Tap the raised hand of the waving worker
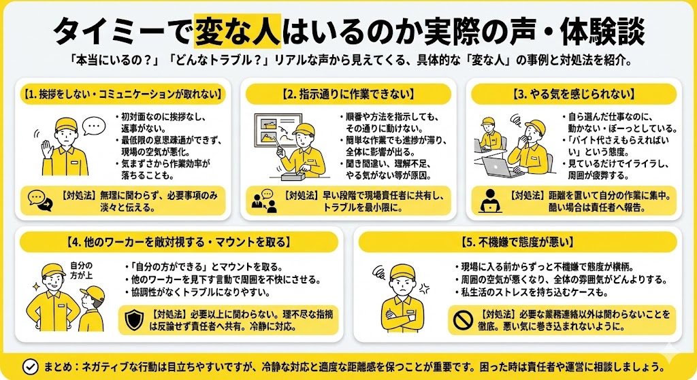pyautogui.click(x=47, y=148)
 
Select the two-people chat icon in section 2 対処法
pyautogui.click(x=263, y=200)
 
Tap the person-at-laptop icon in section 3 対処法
pyautogui.click(x=490, y=200)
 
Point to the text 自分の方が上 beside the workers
pyautogui.click(x=80, y=270)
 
